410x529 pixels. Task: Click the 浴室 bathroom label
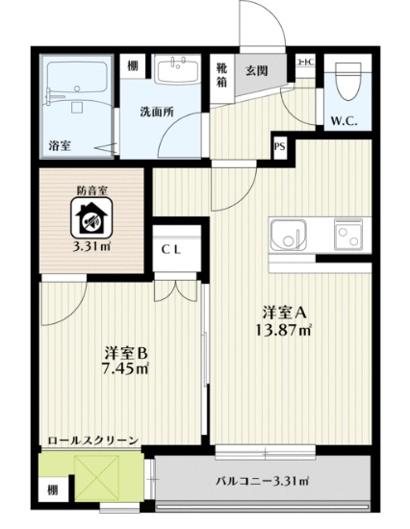click(59, 145)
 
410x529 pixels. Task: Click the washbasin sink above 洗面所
click(178, 68)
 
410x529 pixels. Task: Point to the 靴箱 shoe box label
click(221, 74)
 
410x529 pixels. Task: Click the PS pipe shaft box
click(280, 147)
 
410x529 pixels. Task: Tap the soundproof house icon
click(91, 218)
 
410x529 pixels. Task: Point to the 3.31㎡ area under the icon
click(91, 247)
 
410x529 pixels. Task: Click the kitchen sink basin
click(289, 234)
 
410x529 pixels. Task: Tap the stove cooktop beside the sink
click(347, 232)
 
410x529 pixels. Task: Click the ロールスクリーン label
click(94, 441)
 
